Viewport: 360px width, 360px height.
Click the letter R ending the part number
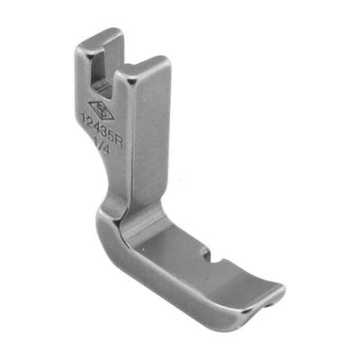[120, 145]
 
